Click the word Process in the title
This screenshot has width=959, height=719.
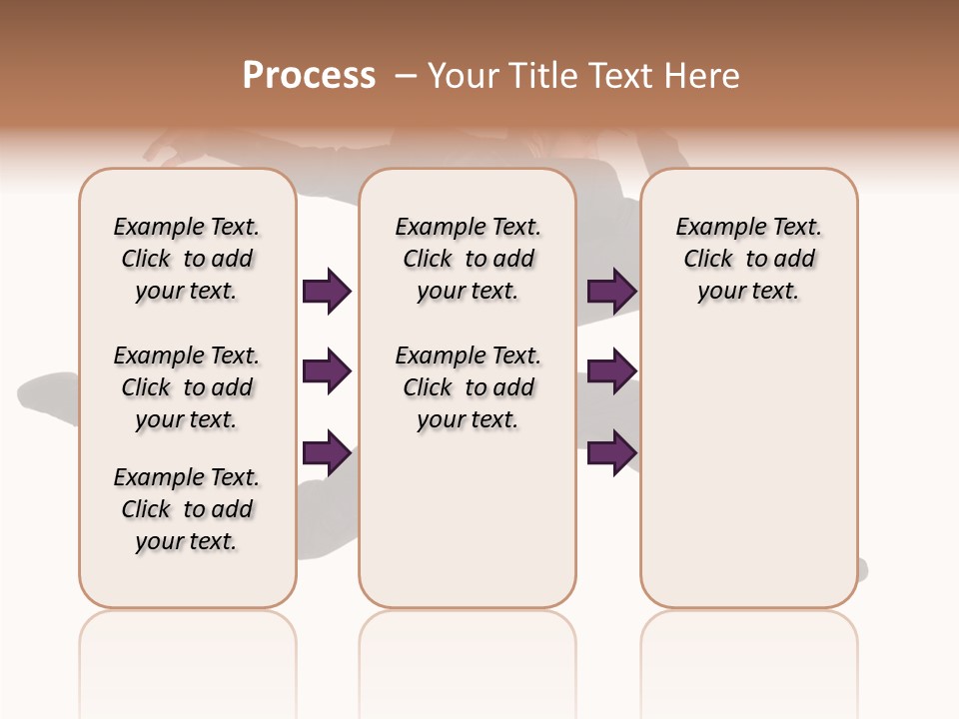[x=309, y=76]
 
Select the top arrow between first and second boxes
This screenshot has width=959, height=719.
[x=327, y=291]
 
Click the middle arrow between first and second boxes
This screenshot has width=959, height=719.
[x=327, y=371]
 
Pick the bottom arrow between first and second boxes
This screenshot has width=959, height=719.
[x=327, y=452]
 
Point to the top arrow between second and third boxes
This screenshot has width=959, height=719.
[x=611, y=291]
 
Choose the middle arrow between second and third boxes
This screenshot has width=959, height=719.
[x=611, y=371]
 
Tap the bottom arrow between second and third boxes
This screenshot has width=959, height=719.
[x=611, y=452]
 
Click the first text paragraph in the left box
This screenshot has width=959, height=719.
[x=187, y=259]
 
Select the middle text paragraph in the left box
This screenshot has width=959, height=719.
[x=187, y=387]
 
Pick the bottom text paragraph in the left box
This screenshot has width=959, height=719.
[x=187, y=509]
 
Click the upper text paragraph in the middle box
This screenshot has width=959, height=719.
[x=469, y=259]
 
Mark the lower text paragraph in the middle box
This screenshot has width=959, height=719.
[x=469, y=387]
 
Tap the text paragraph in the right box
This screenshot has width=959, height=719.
[x=749, y=259]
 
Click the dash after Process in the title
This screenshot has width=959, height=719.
[x=406, y=76]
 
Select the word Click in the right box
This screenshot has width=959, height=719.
[x=708, y=260]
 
